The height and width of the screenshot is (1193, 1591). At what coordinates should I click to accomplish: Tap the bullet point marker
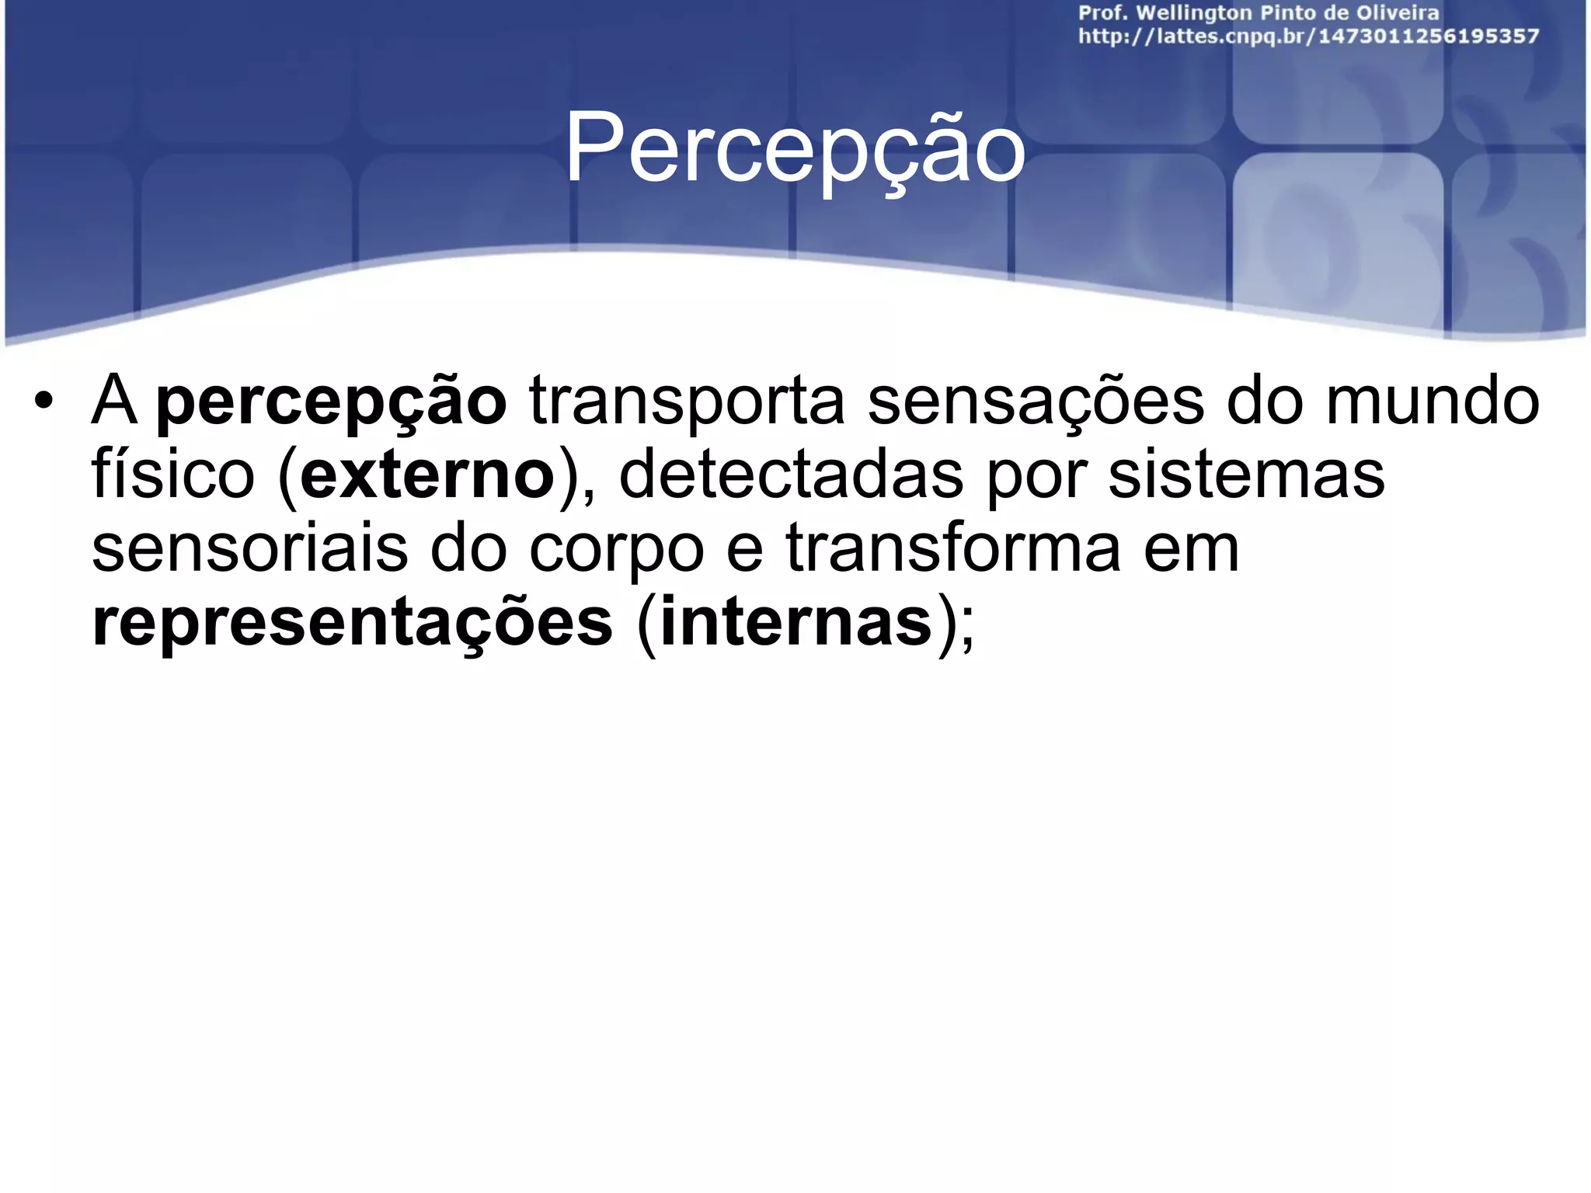pos(44,403)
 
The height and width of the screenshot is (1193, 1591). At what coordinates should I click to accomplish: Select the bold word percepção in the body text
pos(332,403)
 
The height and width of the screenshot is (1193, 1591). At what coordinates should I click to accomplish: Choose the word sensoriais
pos(249,548)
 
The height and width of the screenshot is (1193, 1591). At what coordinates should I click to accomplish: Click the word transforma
pos(953,547)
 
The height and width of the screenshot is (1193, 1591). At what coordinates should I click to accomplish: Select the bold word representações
pos(353,622)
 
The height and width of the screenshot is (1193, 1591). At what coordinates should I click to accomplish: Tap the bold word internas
pos(795,621)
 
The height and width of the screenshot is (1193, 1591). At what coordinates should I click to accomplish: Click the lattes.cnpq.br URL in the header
pos(1308,37)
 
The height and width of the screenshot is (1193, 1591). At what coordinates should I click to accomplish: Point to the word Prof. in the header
pos(1102,13)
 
